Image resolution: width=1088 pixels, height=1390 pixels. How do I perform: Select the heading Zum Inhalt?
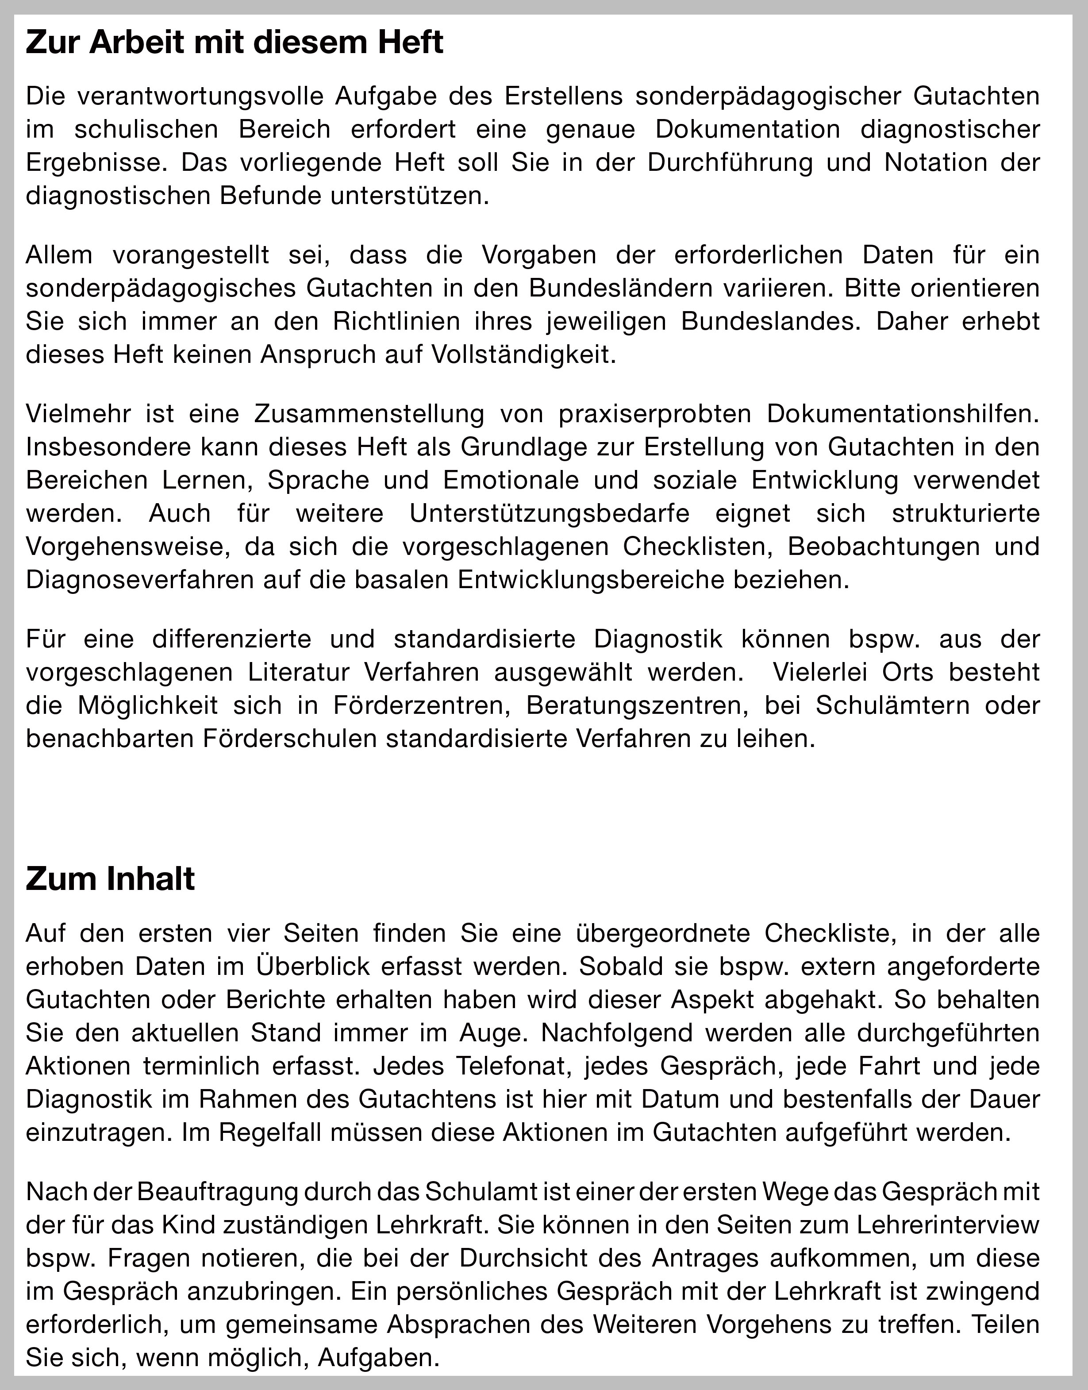pos(110,879)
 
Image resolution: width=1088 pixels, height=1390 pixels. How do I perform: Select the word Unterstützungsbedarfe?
pos(549,513)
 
